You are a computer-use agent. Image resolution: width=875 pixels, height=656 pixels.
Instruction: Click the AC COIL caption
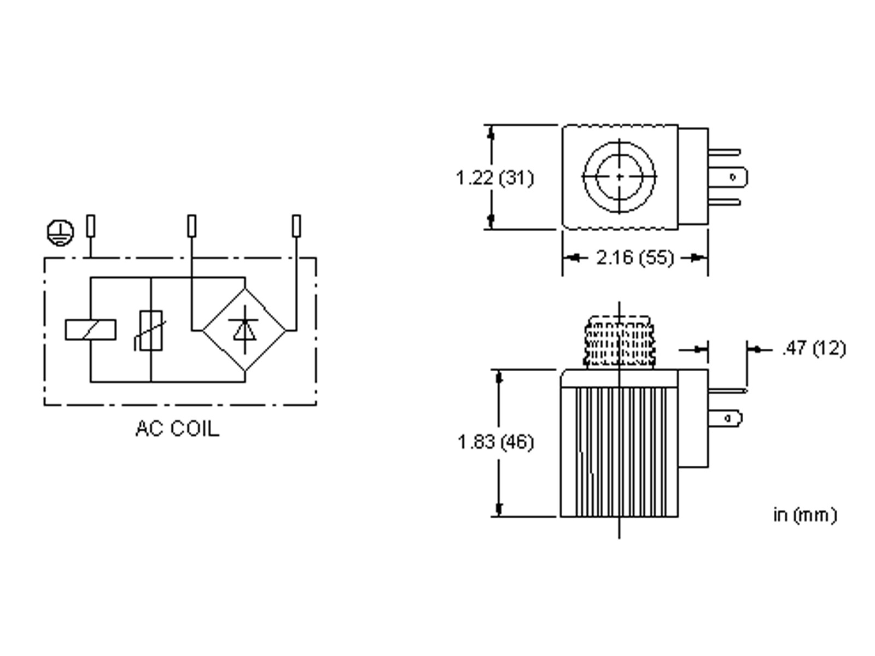(x=177, y=429)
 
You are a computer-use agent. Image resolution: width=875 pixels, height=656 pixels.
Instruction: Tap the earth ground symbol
(x=60, y=233)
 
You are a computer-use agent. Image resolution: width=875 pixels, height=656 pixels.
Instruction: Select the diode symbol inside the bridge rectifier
(x=244, y=330)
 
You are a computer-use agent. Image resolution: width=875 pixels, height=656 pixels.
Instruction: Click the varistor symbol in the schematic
(x=150, y=331)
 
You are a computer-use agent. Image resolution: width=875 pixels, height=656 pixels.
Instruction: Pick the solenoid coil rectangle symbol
(x=91, y=330)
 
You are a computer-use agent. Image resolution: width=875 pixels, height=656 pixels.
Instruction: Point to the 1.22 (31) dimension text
(x=494, y=178)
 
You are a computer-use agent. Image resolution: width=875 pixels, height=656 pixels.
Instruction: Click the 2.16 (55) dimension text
(x=635, y=257)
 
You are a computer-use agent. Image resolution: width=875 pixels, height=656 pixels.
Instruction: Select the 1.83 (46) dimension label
(x=495, y=442)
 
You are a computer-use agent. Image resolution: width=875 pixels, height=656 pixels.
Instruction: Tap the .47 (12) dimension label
(x=813, y=349)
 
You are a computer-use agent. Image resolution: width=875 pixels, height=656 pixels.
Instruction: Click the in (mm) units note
(x=805, y=515)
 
